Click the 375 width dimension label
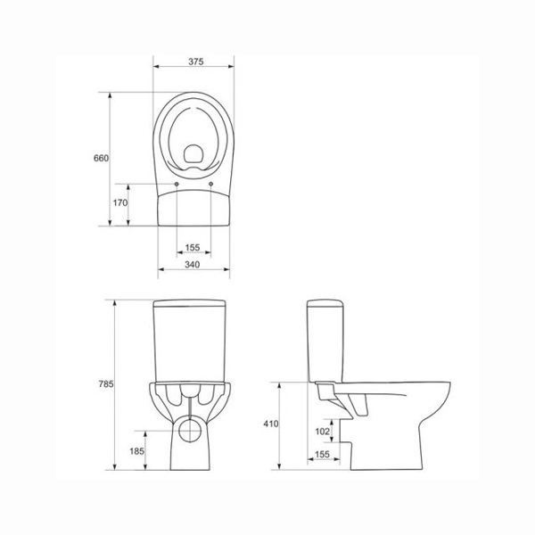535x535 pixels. pos(196,62)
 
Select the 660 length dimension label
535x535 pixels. pos(101,158)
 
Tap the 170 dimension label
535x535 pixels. pos(120,202)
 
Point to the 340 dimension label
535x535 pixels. pos(193,265)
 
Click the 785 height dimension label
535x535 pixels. pos(106,383)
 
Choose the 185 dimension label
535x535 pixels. pos(136,451)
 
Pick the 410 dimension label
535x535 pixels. pos(271,424)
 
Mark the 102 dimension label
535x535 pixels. pos(323,432)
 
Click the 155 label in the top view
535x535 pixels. pos(193,247)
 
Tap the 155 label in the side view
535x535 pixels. pos(323,454)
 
